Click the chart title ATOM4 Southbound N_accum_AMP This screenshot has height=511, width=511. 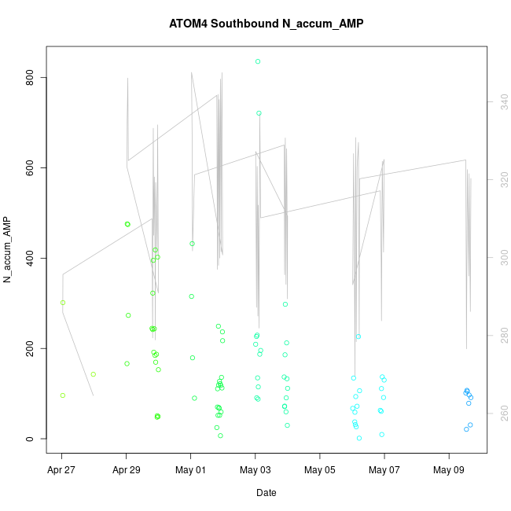point(266,24)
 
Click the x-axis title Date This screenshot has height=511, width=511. point(266,493)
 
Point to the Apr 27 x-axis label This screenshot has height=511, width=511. point(61,472)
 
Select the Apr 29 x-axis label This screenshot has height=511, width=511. point(126,472)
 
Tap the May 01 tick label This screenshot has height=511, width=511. point(190,472)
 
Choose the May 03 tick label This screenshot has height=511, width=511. point(255,472)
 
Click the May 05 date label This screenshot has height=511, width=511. point(319,472)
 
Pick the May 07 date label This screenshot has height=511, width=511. point(384,472)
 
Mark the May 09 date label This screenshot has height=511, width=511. point(448,472)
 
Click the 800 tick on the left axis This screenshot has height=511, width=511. point(31,78)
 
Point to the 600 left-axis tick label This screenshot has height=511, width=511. point(31,168)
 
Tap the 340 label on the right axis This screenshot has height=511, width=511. point(500,101)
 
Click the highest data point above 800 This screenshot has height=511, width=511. point(258,61)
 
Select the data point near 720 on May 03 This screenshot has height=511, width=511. point(259,113)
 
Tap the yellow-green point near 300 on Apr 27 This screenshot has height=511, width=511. point(63,303)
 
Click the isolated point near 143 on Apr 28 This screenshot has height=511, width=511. point(93,374)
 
